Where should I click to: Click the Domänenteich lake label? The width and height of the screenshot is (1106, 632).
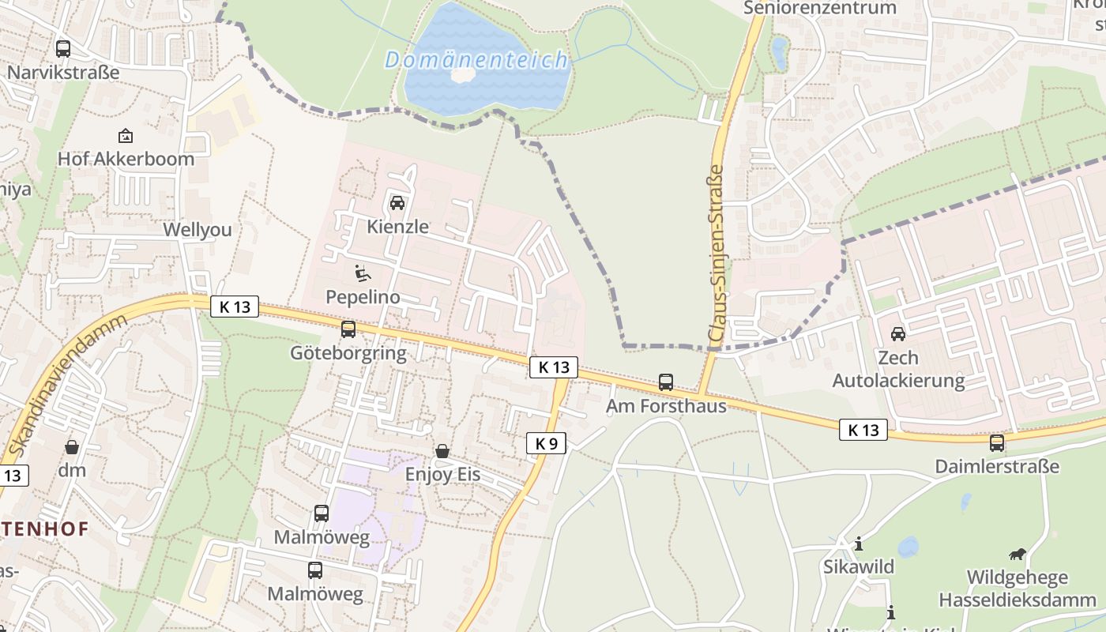tap(476, 60)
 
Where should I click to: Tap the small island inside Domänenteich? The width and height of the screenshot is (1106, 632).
tap(463, 74)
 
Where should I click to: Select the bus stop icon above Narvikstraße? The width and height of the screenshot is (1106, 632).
tap(63, 49)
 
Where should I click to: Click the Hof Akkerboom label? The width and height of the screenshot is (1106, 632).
tap(126, 159)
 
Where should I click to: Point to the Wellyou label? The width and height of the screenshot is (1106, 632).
tap(197, 230)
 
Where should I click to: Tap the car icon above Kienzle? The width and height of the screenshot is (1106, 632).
tap(397, 202)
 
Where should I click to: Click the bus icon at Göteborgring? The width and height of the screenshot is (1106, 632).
tap(348, 329)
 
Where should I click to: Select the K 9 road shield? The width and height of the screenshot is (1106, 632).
tap(546, 443)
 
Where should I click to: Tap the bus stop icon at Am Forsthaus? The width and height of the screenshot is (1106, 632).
tap(666, 382)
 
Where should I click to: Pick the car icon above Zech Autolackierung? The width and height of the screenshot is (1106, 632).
tap(898, 334)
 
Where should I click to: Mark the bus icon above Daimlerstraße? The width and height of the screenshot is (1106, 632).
tap(997, 442)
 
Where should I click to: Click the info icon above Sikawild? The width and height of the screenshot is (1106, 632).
tap(859, 544)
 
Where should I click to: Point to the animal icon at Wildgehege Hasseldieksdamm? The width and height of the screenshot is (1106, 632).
tap(1018, 555)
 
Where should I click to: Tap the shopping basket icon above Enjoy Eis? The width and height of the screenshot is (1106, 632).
tap(442, 451)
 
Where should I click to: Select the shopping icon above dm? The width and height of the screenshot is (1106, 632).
tap(72, 447)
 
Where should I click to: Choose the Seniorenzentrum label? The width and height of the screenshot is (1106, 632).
tap(821, 8)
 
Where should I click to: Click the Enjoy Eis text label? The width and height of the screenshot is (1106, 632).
tap(442, 475)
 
